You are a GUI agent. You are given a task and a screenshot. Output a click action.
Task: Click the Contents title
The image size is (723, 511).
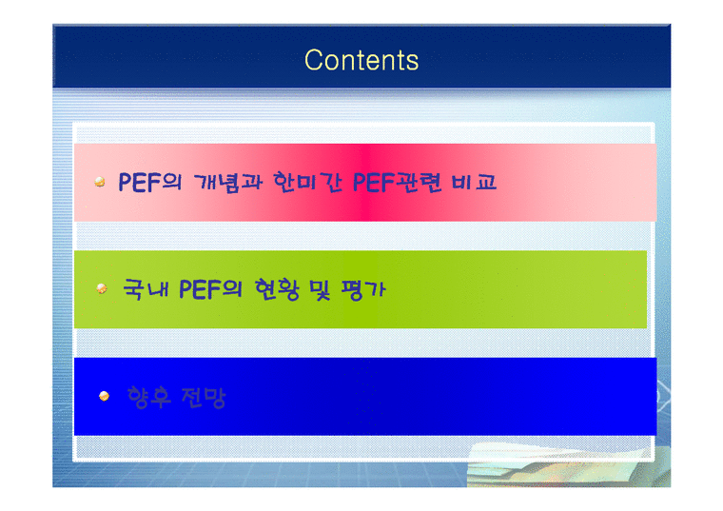click(x=361, y=60)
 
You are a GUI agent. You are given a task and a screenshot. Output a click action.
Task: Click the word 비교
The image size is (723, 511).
click(x=475, y=183)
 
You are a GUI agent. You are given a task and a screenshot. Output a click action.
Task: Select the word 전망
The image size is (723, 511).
click(x=205, y=397)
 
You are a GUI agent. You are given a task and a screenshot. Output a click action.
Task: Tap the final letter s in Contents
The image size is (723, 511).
click(x=412, y=62)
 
